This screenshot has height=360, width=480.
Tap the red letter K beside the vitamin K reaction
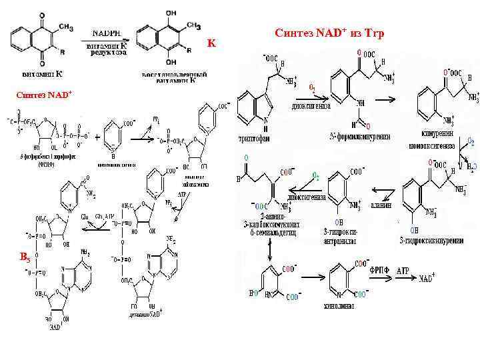pos(211,43)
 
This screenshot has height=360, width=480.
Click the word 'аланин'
pos(381,205)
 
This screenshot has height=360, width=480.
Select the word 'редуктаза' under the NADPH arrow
pos(108,53)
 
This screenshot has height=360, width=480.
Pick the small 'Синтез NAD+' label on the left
pos(44,94)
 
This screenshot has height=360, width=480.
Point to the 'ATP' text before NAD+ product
pos(403,271)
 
